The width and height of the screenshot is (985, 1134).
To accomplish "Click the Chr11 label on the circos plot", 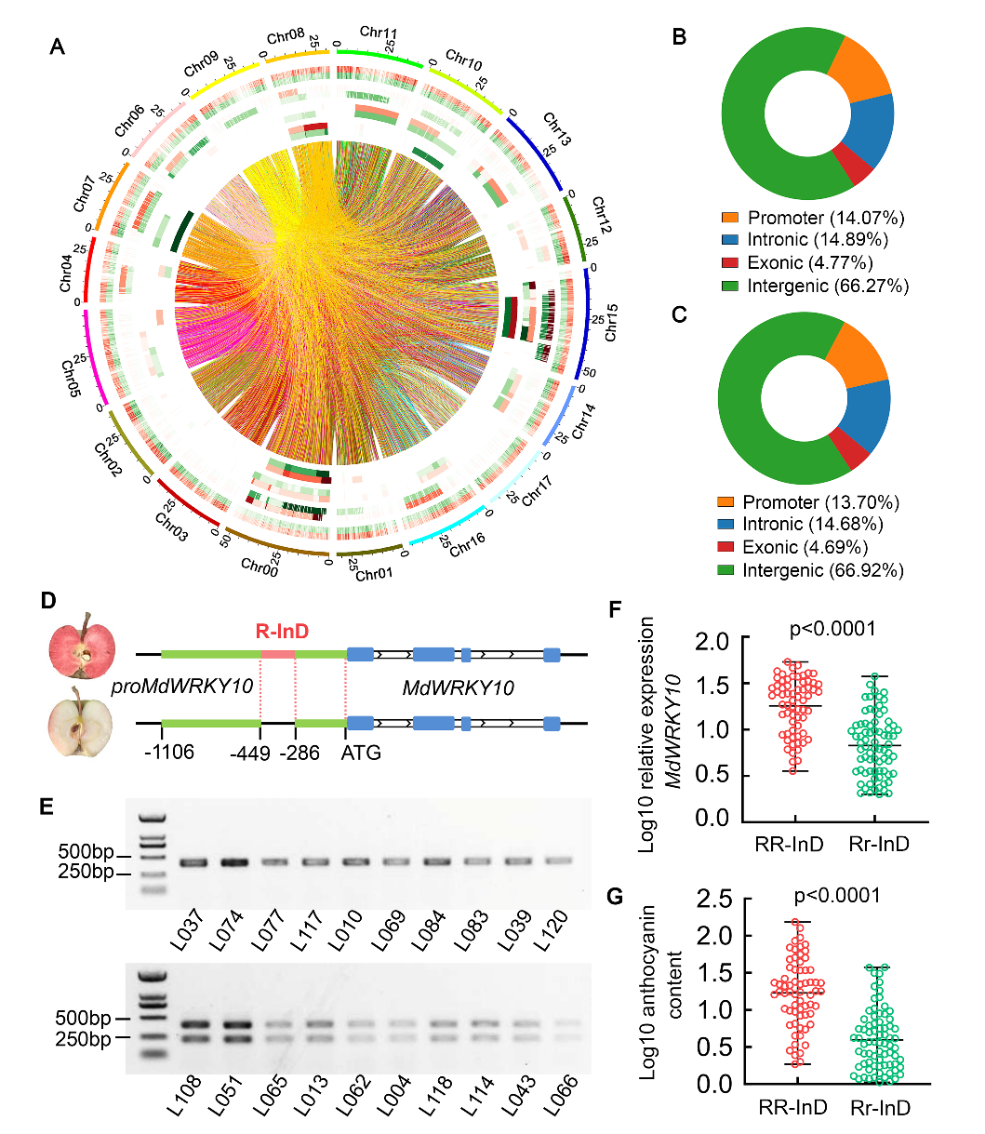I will (379, 33).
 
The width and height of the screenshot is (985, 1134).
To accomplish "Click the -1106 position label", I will (168, 752).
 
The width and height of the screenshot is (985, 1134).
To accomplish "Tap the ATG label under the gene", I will (361, 752).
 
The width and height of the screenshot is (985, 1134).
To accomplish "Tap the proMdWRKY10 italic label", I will (182, 687).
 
